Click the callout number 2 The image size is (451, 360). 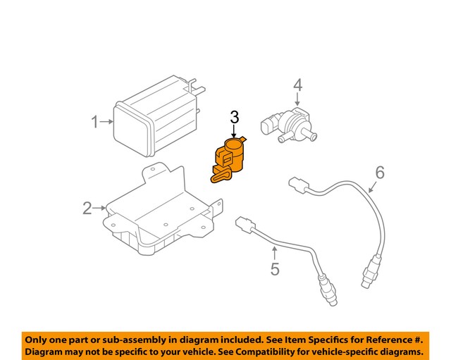[x=87, y=208]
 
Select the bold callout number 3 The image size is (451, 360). [x=235, y=117]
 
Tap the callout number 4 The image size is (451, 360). [x=298, y=85]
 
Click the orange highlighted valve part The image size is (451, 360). [x=228, y=159]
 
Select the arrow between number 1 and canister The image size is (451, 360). [x=106, y=123]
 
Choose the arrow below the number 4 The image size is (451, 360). [x=298, y=101]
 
